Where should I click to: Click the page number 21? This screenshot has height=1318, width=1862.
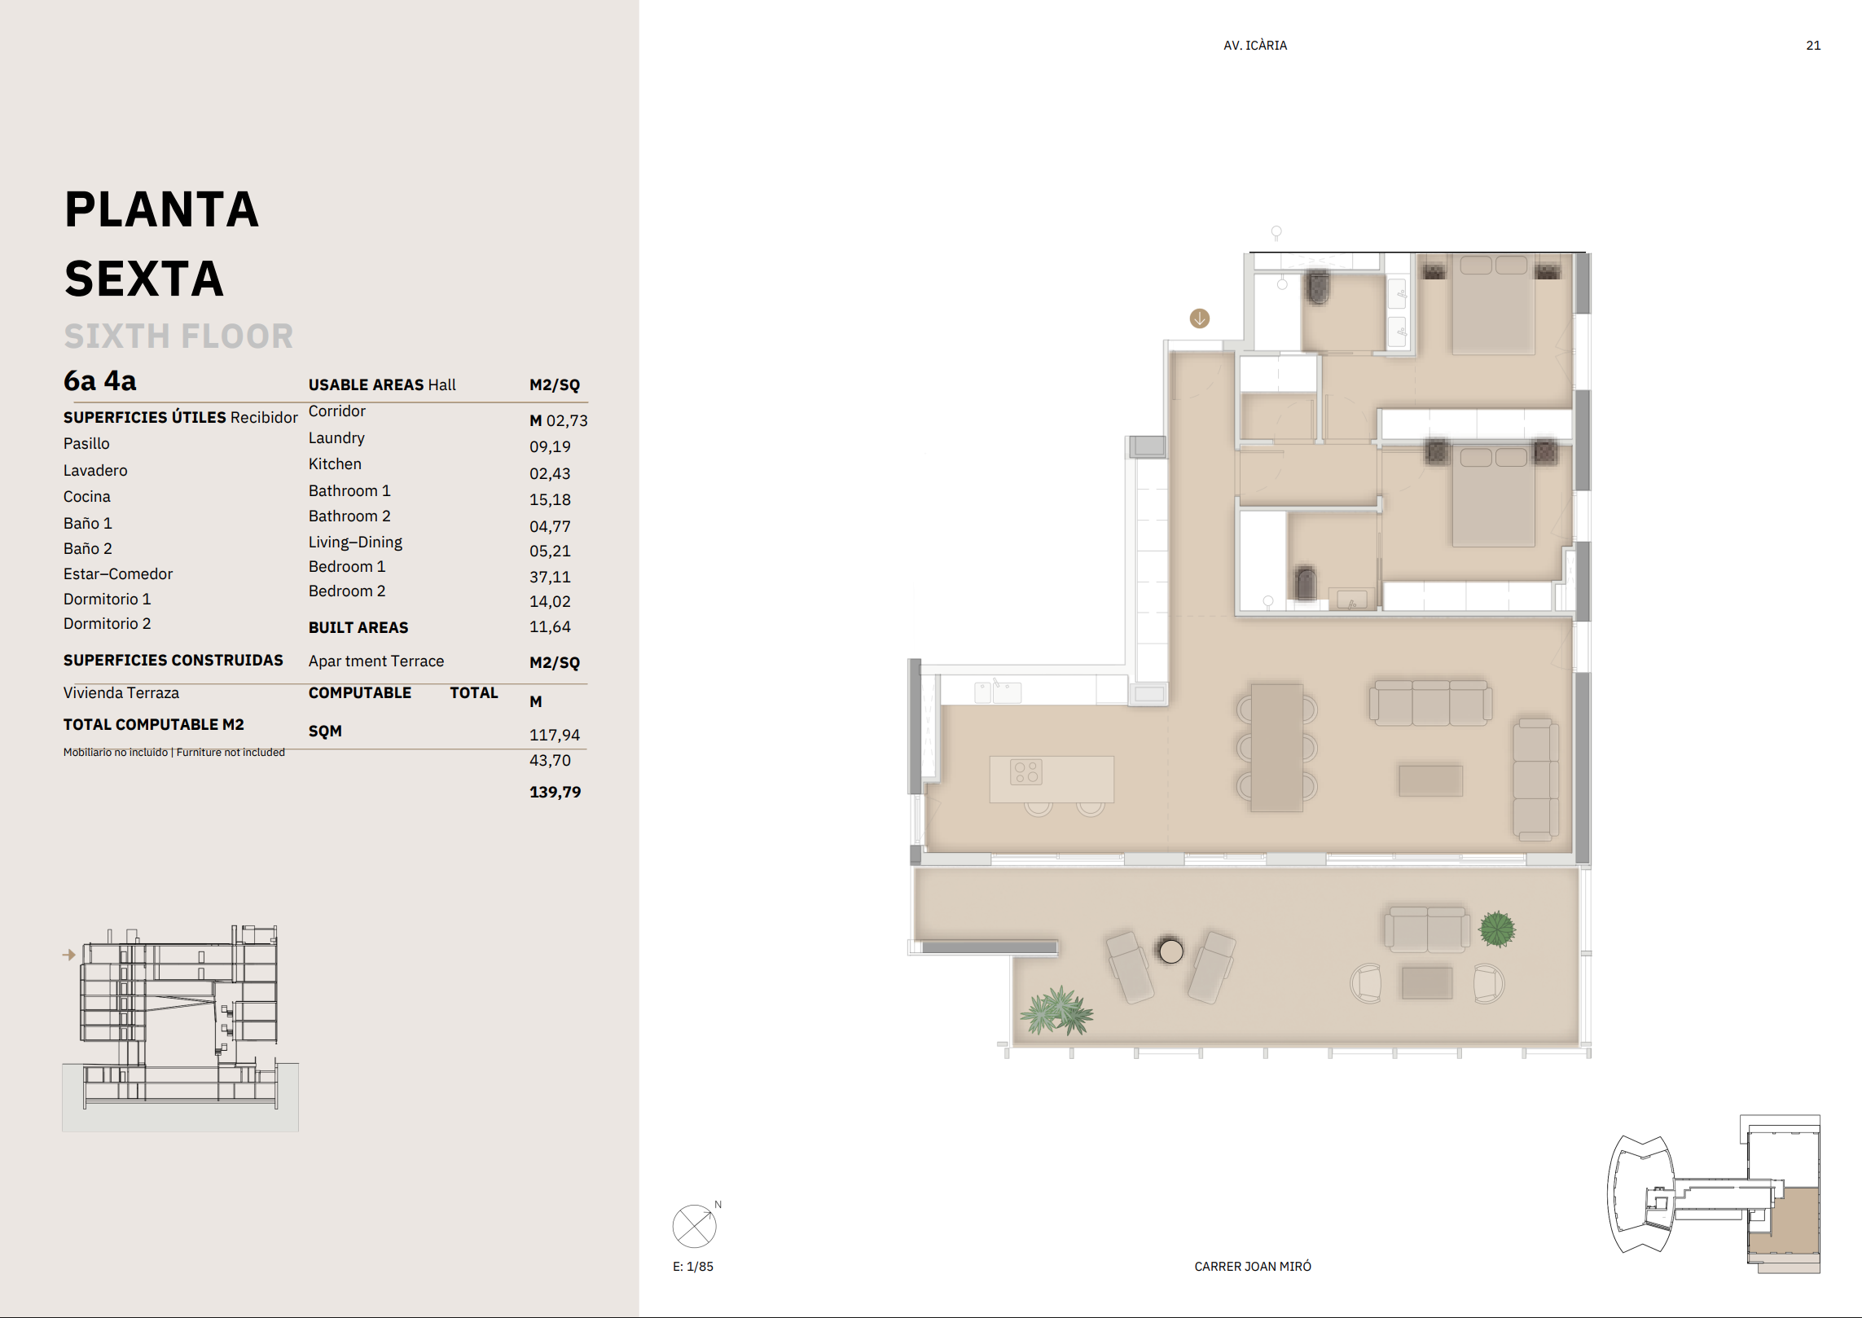pyautogui.click(x=1813, y=46)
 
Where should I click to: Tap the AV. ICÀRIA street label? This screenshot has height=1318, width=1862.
pyautogui.click(x=1255, y=46)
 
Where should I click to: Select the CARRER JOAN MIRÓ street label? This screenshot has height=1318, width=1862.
pyautogui.click(x=1253, y=1267)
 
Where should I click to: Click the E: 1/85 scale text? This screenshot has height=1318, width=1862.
pyautogui.click(x=693, y=1267)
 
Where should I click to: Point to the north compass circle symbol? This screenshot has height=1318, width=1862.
pyautogui.click(x=694, y=1227)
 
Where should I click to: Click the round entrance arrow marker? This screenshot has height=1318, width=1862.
pyautogui.click(x=1200, y=319)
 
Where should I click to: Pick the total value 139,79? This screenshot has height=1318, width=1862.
pyautogui.click(x=556, y=792)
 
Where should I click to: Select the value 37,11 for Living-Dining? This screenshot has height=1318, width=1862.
pyautogui.click(x=551, y=577)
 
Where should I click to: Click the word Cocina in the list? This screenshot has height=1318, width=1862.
pyautogui.click(x=87, y=497)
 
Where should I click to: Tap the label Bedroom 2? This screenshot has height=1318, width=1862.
pyautogui.click(x=347, y=591)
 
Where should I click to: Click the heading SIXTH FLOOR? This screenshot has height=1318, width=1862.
pyautogui.click(x=179, y=336)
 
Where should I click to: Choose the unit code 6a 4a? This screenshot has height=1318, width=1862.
pyautogui.click(x=100, y=381)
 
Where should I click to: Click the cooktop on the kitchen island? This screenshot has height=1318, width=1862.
pyautogui.click(x=1026, y=772)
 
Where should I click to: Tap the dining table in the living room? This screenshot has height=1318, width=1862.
pyautogui.click(x=1277, y=748)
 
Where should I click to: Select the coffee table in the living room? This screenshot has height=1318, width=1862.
pyautogui.click(x=1431, y=780)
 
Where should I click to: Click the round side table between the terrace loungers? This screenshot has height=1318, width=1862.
pyautogui.click(x=1171, y=951)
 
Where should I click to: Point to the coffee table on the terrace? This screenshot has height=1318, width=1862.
pyautogui.click(x=1427, y=982)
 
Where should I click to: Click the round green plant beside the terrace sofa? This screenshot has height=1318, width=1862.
pyautogui.click(x=1497, y=929)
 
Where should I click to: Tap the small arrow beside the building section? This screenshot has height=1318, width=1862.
pyautogui.click(x=69, y=955)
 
